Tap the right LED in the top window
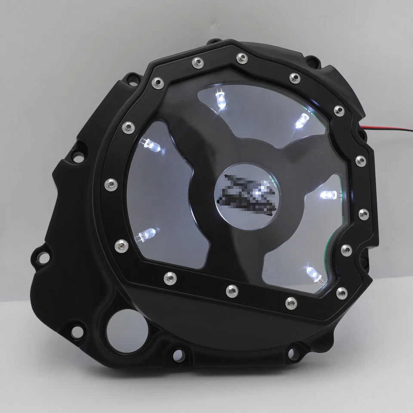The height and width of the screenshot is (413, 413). (x=302, y=120)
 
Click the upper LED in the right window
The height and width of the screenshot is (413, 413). (x=329, y=194)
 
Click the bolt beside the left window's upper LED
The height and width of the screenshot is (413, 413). (x=127, y=126)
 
